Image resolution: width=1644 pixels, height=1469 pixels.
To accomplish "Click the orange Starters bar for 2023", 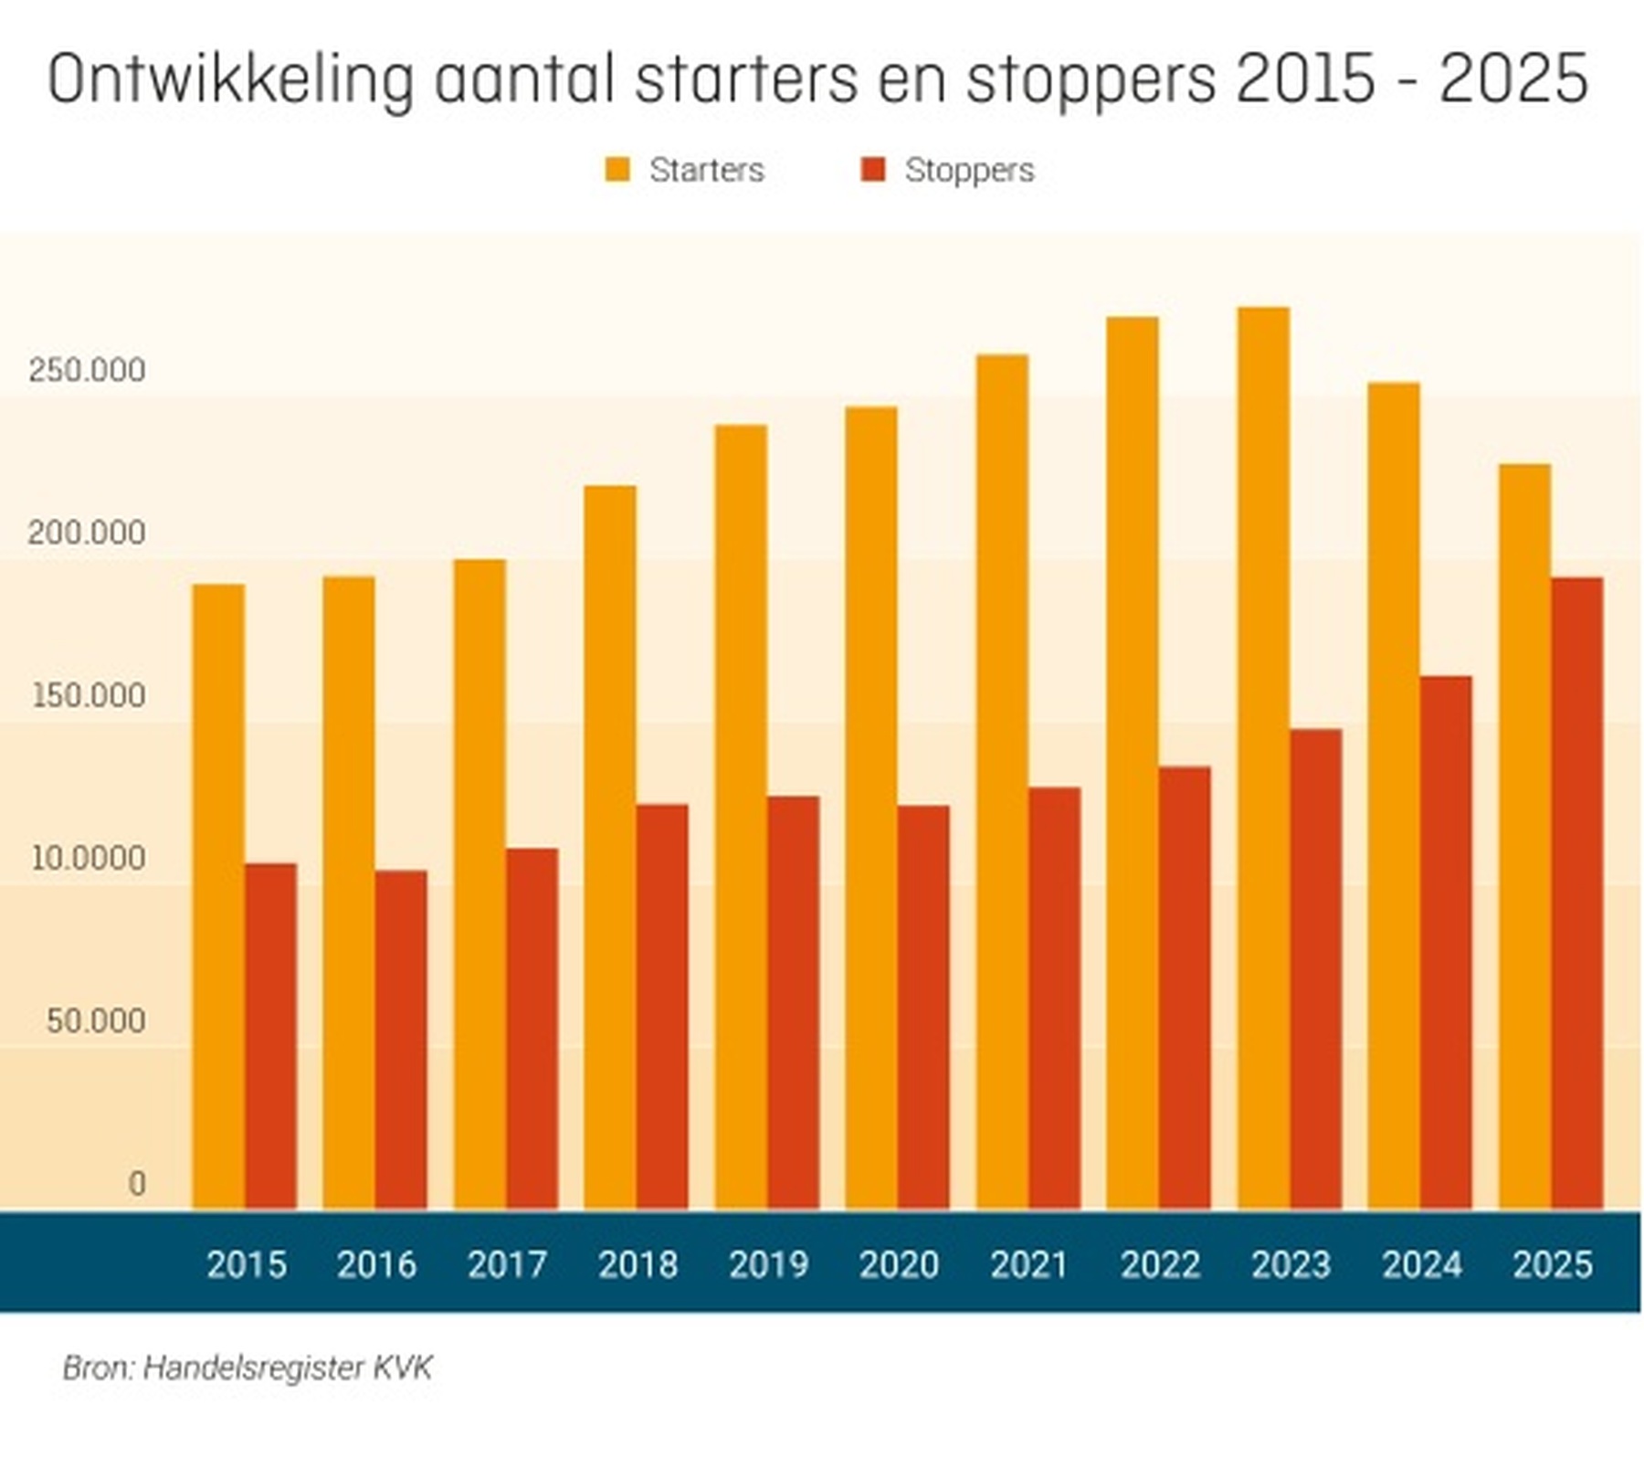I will click(x=1263, y=758).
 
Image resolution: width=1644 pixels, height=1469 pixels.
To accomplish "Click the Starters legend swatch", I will click(x=617, y=170).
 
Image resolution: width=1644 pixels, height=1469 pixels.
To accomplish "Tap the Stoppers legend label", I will click(x=969, y=170).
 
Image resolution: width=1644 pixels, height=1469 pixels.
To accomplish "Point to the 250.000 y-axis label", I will click(x=87, y=370).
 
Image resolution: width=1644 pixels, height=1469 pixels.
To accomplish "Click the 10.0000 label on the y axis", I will click(x=88, y=858).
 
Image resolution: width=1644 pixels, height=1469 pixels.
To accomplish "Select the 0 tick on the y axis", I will click(x=137, y=1184).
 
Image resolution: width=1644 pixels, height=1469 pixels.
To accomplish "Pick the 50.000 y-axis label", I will click(x=96, y=1020).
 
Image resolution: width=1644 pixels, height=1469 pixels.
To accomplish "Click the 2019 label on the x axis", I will click(x=768, y=1264).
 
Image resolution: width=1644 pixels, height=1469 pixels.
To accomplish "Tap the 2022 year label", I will click(x=1160, y=1264).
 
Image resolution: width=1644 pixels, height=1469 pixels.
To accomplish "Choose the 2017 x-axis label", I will click(x=507, y=1264).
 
